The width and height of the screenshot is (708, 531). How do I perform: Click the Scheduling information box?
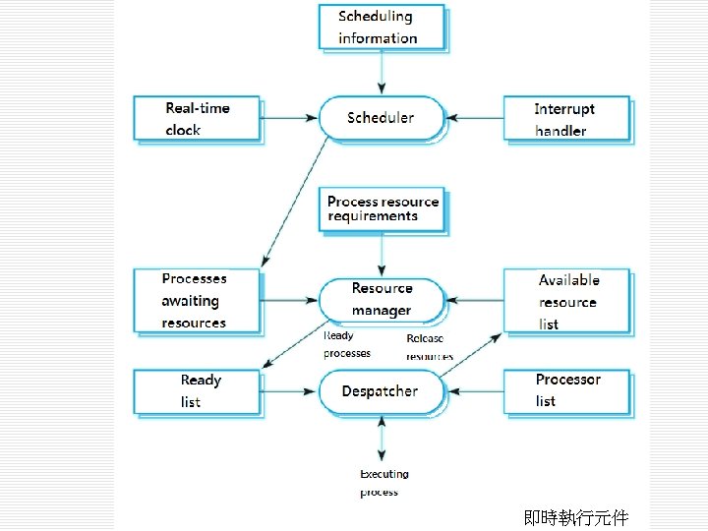point(382,27)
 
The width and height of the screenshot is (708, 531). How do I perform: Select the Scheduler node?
point(381,118)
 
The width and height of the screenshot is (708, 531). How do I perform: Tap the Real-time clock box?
point(197,119)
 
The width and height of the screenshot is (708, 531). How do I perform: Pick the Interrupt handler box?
point(566,119)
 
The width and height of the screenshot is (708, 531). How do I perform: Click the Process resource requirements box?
point(383,208)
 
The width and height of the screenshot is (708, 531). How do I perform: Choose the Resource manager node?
point(382,299)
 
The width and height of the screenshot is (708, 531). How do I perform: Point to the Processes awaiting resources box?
point(197,301)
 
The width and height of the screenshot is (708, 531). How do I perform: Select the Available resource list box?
point(567,302)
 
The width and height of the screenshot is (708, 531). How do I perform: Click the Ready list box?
point(197,391)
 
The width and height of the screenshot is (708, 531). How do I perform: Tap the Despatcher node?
point(381,391)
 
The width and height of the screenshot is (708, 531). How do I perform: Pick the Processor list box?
point(566,390)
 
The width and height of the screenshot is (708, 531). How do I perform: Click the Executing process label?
point(383,483)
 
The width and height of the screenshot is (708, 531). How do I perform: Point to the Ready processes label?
point(347,344)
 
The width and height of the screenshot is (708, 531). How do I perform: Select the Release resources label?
point(430,346)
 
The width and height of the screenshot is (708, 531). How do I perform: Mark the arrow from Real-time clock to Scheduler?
point(289,119)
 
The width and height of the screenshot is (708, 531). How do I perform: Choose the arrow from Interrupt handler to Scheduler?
point(474,119)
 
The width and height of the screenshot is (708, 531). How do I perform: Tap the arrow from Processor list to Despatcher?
point(474,391)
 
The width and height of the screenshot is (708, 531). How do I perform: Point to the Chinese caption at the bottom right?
point(575,517)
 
